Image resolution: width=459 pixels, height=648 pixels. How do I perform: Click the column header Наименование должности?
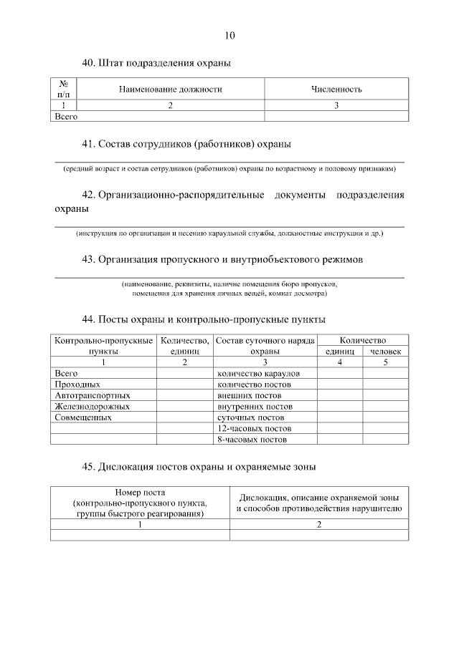171,90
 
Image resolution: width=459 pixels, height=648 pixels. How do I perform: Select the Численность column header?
336,90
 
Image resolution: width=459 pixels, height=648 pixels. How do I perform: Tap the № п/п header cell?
63,90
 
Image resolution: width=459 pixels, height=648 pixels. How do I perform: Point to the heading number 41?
89,144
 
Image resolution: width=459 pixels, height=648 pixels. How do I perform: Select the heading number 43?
89,258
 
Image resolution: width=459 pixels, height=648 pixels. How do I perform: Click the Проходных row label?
72,385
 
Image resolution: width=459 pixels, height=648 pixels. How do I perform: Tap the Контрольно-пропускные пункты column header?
103,347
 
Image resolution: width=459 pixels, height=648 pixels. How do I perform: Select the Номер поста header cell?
140,503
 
